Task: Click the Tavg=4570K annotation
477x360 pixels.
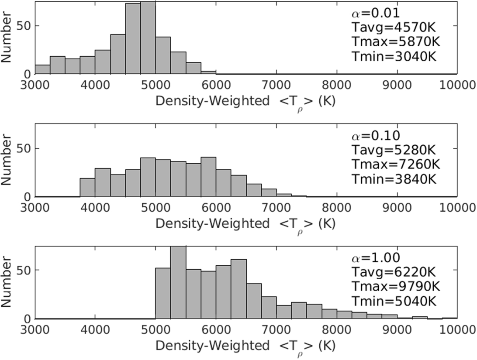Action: [394, 27]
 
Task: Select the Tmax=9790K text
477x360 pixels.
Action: [396, 287]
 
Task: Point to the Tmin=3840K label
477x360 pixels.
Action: [394, 179]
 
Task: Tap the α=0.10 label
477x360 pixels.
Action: [376, 136]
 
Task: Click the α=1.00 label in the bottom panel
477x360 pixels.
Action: [376, 258]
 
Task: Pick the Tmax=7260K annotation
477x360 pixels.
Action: [396, 165]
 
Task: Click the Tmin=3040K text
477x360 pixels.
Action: [394, 56]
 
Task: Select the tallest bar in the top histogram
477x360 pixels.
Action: [148, 38]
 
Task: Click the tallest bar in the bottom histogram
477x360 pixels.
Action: [178, 282]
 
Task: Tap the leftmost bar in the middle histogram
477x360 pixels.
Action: [88, 188]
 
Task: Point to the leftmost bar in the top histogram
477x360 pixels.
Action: [43, 69]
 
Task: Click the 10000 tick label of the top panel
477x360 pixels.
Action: [457, 85]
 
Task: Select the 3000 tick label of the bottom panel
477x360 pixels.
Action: [35, 330]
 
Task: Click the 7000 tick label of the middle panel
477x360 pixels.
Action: [276, 208]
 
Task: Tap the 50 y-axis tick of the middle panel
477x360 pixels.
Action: [24, 148]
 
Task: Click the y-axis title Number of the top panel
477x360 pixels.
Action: [6, 38]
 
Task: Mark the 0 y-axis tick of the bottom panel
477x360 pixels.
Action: [28, 319]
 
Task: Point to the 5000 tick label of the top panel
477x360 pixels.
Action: [156, 85]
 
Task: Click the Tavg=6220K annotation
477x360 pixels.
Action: [394, 272]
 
